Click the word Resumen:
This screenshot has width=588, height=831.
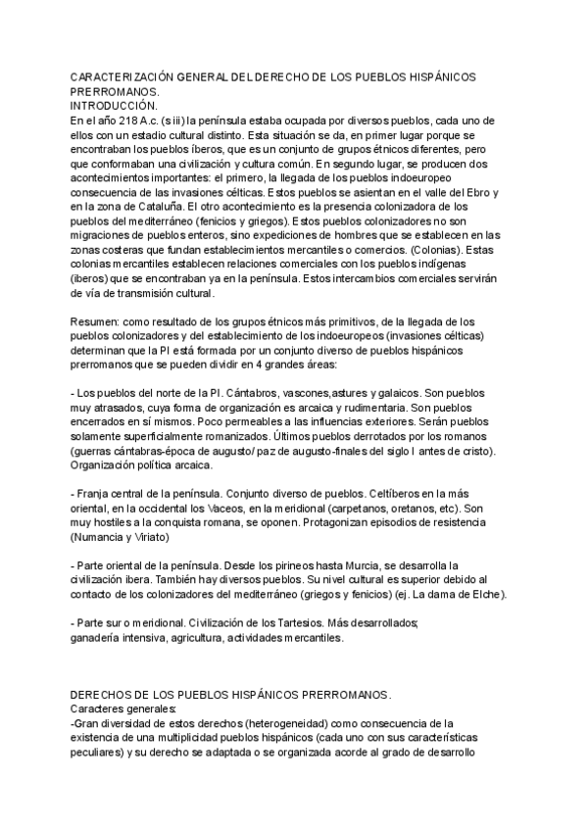98,321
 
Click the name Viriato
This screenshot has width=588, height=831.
155,538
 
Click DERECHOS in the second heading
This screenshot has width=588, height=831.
107,695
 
